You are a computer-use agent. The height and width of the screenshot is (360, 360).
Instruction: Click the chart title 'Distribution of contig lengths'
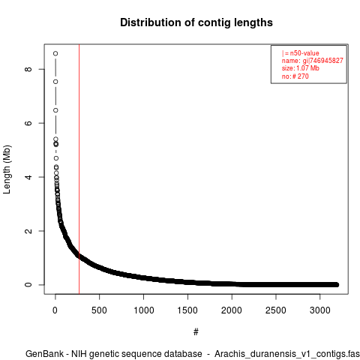[196, 22]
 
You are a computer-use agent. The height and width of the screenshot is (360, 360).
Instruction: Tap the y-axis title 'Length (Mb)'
[7, 169]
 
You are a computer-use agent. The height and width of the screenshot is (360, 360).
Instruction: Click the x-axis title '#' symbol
[196, 332]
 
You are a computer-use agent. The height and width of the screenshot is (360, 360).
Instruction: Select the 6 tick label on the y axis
[28, 123]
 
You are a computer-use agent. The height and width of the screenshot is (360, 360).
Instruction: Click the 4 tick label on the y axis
[28, 177]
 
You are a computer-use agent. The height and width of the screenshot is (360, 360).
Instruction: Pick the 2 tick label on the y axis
[28, 231]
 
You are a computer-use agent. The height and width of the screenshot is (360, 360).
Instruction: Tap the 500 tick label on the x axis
[99, 310]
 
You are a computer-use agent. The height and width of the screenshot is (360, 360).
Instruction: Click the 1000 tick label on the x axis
[143, 310]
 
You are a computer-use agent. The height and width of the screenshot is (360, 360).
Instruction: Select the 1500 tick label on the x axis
[187, 310]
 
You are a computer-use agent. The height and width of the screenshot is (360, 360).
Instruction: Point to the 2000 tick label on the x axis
[232, 310]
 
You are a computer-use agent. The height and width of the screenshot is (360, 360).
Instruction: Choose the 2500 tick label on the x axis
[276, 310]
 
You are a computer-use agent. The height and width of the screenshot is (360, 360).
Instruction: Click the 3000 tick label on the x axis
[320, 310]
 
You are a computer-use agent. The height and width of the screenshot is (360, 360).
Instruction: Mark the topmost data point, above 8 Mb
[55, 53]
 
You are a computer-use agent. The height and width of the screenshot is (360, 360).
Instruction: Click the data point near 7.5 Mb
[55, 82]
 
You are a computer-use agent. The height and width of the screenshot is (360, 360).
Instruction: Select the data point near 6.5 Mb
[55, 110]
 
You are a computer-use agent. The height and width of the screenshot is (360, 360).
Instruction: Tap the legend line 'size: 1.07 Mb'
[301, 68]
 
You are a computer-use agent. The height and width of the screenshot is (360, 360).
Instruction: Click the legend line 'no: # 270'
[295, 76]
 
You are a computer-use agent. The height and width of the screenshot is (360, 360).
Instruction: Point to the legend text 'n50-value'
[304, 53]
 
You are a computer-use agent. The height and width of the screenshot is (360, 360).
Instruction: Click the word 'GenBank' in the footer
[44, 354]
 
